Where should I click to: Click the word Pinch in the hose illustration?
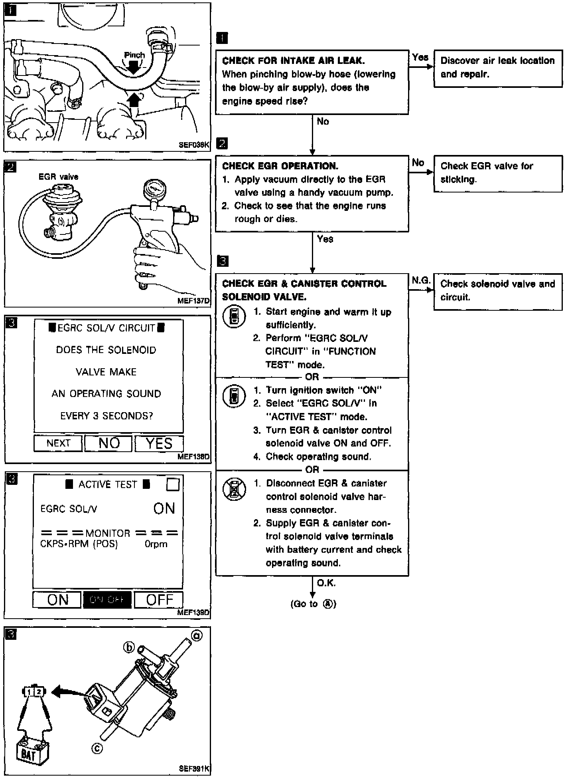pos(134,55)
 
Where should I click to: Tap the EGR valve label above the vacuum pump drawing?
pos(58,177)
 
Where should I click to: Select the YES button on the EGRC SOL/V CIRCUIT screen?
pos(159,443)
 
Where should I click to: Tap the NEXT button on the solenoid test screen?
pos(58,443)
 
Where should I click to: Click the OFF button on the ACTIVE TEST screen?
pos(159,600)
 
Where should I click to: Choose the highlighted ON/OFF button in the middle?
pos(107,600)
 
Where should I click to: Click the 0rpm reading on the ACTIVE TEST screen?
pos(156,544)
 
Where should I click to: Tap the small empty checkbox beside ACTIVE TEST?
pos(173,485)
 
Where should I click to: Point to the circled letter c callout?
pos(97,749)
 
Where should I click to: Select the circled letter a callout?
pos(197,635)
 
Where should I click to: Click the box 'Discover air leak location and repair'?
pos(498,68)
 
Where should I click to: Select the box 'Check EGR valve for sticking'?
pos(498,173)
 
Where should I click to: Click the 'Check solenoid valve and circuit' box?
pos(498,291)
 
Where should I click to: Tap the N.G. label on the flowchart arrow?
pos(421,281)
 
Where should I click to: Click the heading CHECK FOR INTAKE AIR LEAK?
pos(293,61)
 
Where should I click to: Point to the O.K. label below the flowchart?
pos(326,583)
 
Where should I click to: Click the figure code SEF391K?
pos(194,768)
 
